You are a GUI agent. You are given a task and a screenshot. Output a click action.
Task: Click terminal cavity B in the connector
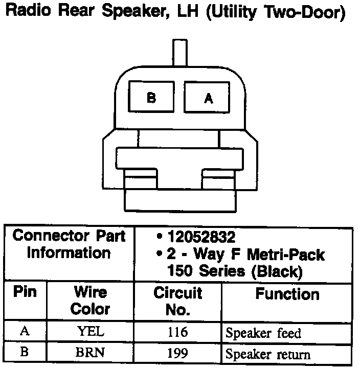point(151,98)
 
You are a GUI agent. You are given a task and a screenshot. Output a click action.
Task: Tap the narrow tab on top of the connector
point(179,54)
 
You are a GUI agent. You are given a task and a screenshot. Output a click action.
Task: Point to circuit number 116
point(177,332)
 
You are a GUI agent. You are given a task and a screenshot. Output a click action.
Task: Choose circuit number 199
point(177,353)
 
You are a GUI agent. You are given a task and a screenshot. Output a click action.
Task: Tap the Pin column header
point(25,293)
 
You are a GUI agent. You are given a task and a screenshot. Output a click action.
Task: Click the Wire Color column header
point(90,301)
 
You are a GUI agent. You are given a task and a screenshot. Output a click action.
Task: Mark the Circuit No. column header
point(177,301)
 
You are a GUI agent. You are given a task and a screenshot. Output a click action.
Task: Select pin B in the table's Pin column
point(25,353)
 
